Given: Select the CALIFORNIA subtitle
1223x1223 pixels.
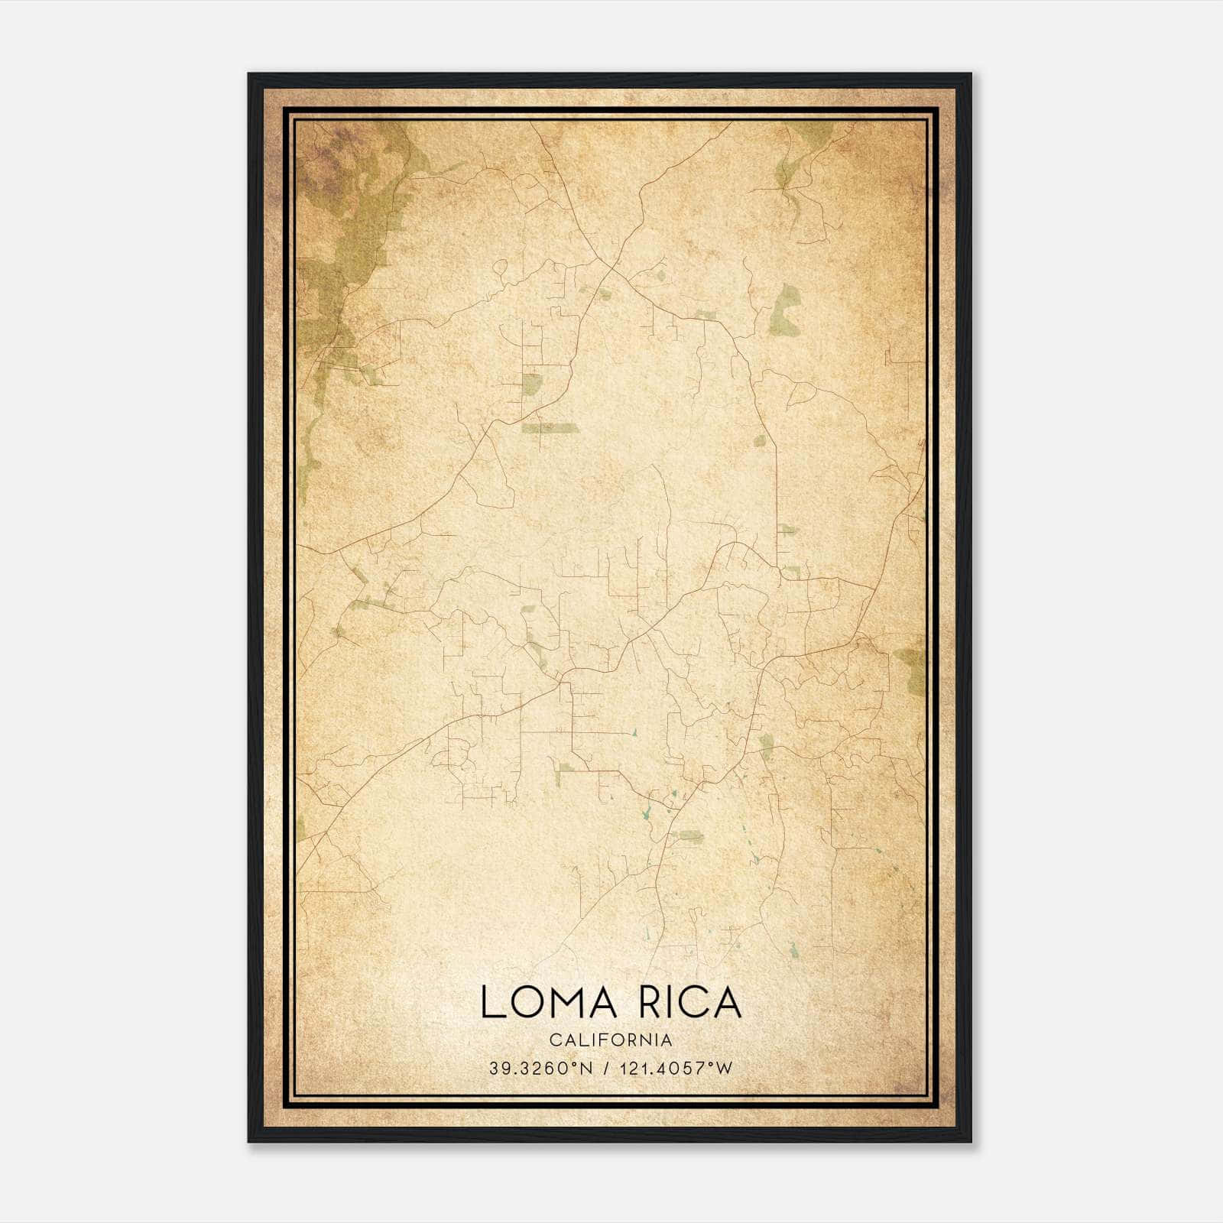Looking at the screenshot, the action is tap(611, 1040).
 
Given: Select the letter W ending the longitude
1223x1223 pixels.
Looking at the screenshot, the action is tap(725, 1069).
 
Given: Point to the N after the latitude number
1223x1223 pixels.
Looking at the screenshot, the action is tap(587, 1069).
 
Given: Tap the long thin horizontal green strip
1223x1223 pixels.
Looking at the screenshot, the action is tap(550, 428).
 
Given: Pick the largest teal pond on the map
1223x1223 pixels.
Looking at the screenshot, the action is tap(647, 812).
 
